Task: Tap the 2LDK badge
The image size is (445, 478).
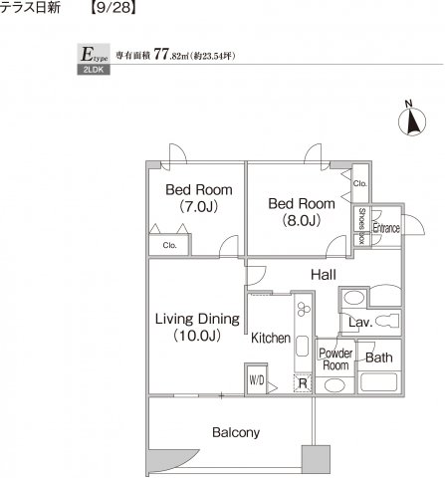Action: pyautogui.click(x=94, y=70)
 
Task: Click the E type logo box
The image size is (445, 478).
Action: pyautogui.click(x=94, y=54)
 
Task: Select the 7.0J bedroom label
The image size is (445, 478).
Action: pyautogui.click(x=199, y=198)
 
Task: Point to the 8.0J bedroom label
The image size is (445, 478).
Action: pyautogui.click(x=302, y=212)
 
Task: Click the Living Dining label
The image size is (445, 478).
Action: pyautogui.click(x=197, y=327)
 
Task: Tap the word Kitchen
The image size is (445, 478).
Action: pyautogui.click(x=271, y=338)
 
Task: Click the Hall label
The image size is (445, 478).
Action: pyautogui.click(x=324, y=275)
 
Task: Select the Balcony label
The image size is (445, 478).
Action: pyautogui.click(x=236, y=433)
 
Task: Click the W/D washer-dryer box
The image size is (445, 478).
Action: pyautogui.click(x=256, y=379)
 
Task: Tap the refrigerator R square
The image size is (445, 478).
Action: pyautogui.click(x=303, y=383)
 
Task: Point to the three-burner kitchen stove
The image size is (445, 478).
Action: pyautogui.click(x=304, y=309)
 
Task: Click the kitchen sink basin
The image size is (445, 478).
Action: pyautogui.click(x=303, y=347)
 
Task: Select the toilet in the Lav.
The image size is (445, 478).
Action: pyautogui.click(x=388, y=321)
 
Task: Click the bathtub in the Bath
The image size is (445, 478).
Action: pyautogui.click(x=379, y=382)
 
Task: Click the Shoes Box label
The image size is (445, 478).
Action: pyautogui.click(x=361, y=226)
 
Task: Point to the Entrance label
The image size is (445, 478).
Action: pyautogui.click(x=386, y=228)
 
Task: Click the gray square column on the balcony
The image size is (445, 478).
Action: pyautogui.click(x=316, y=459)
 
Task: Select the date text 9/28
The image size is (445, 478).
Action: pyautogui.click(x=113, y=7)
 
